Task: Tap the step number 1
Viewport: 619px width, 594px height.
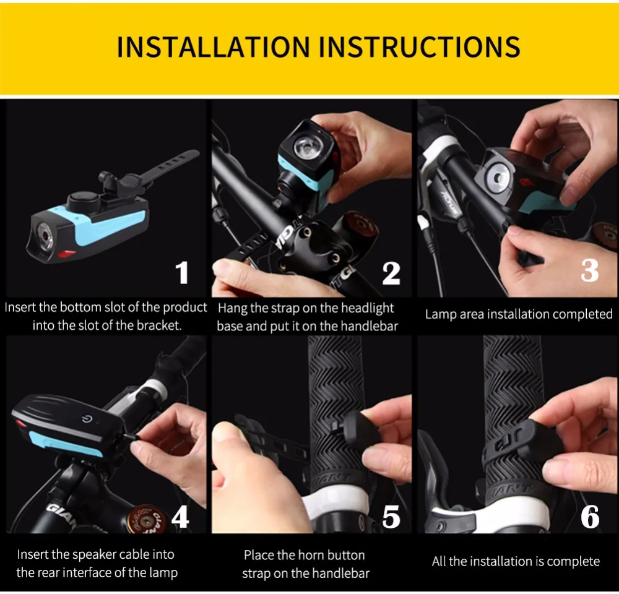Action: point(182,273)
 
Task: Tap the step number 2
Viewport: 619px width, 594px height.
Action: point(391,273)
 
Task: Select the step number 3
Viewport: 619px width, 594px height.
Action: point(589,270)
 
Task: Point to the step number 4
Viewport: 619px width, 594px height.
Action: point(180,517)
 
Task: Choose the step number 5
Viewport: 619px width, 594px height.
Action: point(391,517)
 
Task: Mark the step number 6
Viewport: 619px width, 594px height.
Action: point(589,517)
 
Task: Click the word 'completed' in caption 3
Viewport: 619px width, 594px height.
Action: point(582,314)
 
